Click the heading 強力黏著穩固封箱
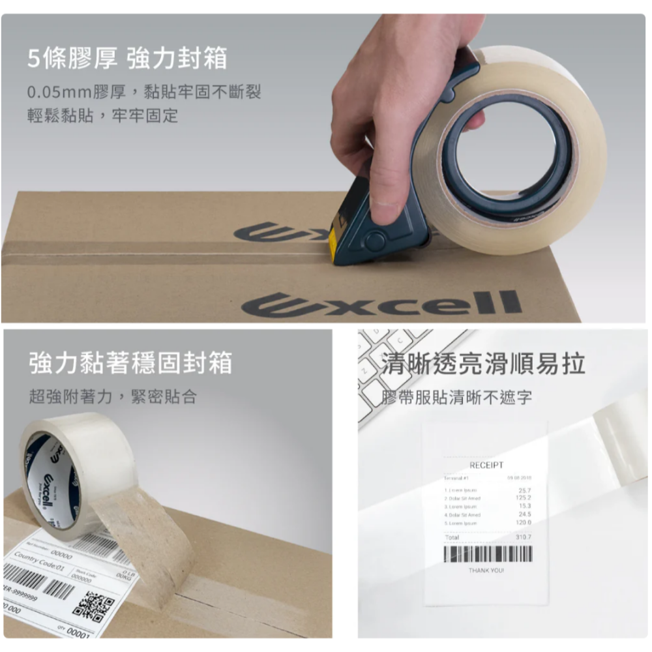pos(130,363)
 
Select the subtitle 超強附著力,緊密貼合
pos(112,396)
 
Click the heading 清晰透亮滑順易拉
pos(483,363)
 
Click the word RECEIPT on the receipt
pos(486,465)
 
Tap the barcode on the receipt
pos(487,554)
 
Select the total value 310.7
pos(523,537)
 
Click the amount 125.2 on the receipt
pos(524,497)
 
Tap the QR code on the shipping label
pos(93,604)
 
